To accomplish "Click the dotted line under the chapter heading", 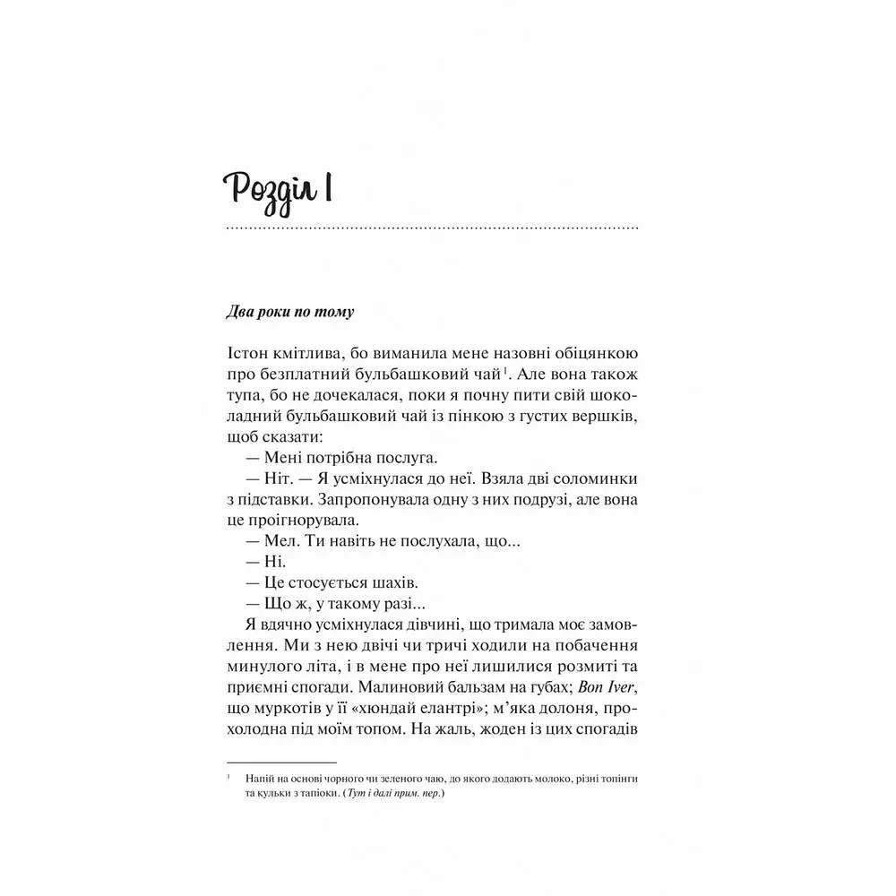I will (432, 230).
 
